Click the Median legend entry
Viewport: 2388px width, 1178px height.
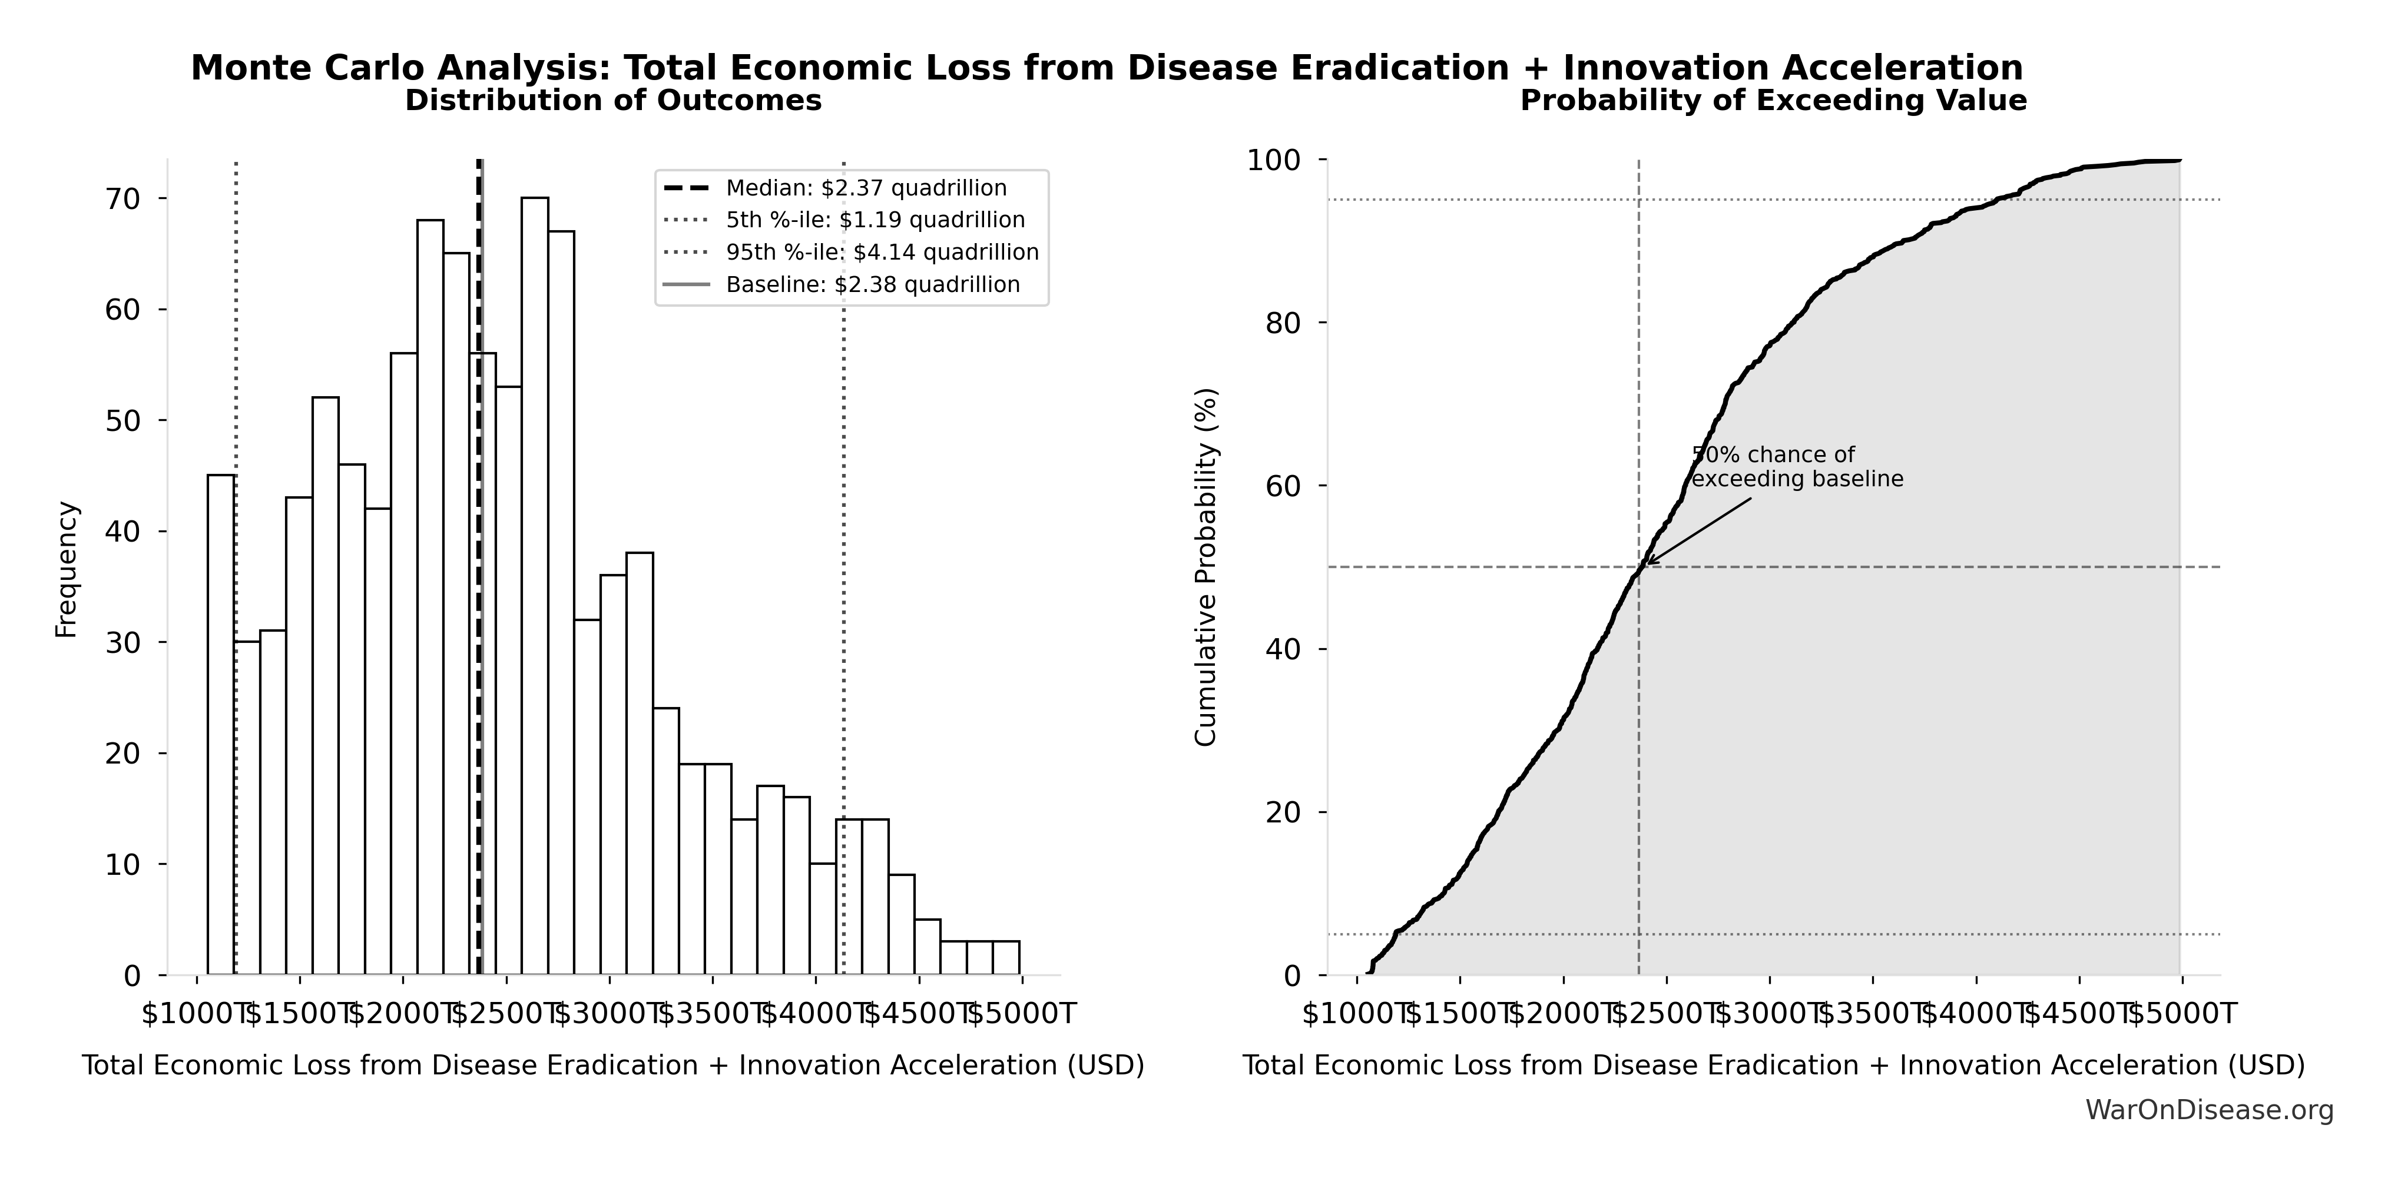point(865,188)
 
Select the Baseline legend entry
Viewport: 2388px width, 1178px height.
point(872,284)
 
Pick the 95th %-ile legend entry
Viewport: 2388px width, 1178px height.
point(882,252)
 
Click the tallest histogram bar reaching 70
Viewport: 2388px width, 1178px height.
point(534,584)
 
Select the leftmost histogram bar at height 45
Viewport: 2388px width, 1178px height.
point(221,723)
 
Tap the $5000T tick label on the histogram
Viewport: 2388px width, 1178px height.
point(1022,1014)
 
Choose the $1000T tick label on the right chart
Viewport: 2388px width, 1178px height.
point(1357,1014)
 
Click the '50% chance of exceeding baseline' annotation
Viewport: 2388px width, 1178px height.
point(1797,467)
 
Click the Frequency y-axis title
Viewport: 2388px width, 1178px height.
point(67,569)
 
